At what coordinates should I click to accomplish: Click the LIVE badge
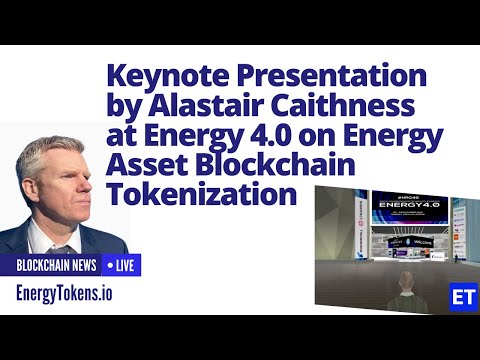(121, 266)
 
